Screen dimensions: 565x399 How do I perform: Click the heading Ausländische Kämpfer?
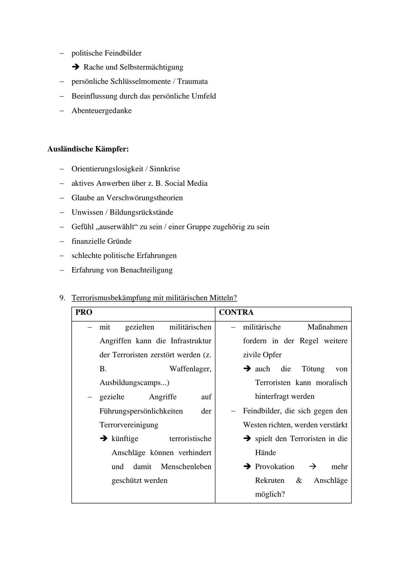(88, 149)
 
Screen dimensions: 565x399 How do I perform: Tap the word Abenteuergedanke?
(102, 111)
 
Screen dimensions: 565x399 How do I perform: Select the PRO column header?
(84, 312)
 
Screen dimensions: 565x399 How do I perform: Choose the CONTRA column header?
(236, 312)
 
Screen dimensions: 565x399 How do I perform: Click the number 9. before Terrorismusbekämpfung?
(62, 298)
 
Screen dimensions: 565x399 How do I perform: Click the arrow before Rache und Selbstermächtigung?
(76, 67)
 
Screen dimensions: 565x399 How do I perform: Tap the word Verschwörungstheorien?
(144, 198)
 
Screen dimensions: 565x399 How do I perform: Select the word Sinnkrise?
(164, 169)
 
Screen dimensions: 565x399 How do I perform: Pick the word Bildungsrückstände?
(141, 212)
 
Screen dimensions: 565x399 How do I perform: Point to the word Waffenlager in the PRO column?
(190, 369)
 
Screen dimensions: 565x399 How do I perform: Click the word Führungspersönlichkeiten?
(141, 411)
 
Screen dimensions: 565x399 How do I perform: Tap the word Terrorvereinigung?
(129, 425)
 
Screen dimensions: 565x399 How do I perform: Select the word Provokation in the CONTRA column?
(274, 467)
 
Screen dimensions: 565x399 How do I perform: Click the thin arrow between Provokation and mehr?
(313, 467)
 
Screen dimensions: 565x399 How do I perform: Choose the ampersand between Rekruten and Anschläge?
(299, 481)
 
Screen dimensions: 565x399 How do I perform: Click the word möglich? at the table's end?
(270, 495)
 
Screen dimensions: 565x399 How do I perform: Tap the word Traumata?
(192, 81)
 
